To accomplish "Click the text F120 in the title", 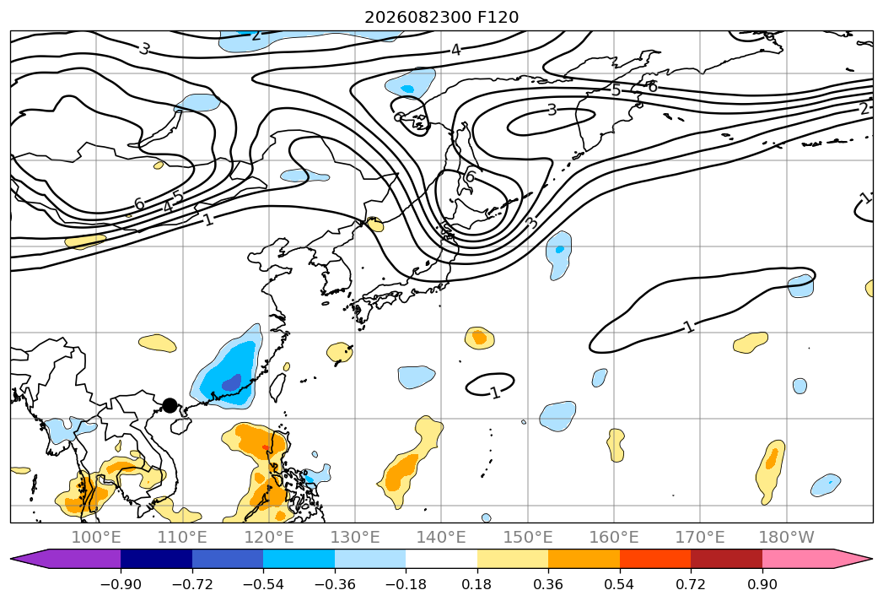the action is pos(498,18).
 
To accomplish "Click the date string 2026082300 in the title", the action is pos(417,18).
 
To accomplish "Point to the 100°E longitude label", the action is pos(96,537).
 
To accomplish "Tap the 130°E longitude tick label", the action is pos(355,537).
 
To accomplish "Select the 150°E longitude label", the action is pos(528,537).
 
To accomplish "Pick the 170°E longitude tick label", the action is pos(700,537).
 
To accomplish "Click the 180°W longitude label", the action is pos(787,537).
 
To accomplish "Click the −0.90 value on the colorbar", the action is pos(121,584).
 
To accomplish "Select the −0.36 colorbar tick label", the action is pos(335,584).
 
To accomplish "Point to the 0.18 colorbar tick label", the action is pos(477,584).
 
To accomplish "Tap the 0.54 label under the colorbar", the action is pos(620,584).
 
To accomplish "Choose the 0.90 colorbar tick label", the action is pos(762,584).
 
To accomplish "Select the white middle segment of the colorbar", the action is pos(442,559).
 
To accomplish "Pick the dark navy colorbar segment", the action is pos(156,559).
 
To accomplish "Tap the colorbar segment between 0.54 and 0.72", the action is pos(655,559).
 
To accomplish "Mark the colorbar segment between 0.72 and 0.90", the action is pos(726,559).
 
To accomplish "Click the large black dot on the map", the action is pos(170,405).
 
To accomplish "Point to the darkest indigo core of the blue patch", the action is pos(231,383).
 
